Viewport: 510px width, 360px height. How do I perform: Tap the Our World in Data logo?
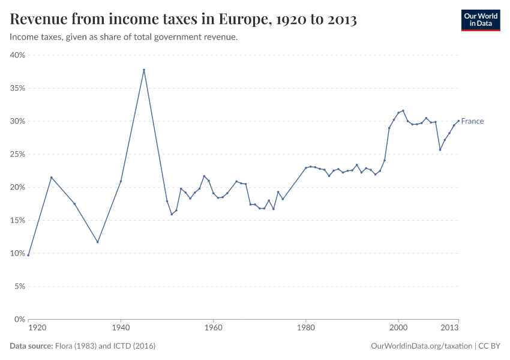tap(480, 20)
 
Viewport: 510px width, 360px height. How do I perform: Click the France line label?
tap(472, 121)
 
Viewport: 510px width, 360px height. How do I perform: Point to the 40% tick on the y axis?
tap(17, 55)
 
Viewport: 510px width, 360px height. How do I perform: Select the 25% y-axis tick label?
tap(17, 154)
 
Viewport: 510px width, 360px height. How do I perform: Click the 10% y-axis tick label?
tap(17, 253)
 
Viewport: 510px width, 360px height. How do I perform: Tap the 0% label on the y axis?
tap(19, 319)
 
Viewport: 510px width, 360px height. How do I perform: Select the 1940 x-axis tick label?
tap(121, 328)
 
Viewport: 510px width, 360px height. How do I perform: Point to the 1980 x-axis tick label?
tap(306, 328)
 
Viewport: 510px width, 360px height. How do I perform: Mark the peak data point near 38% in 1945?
tap(144, 70)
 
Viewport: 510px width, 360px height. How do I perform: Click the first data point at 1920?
tap(28, 255)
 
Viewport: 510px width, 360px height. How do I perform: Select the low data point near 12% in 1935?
tap(98, 242)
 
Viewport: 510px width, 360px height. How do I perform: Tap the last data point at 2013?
tap(458, 121)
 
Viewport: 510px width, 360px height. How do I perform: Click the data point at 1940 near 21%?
tap(121, 181)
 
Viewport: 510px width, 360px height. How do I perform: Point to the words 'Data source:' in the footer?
tap(31, 346)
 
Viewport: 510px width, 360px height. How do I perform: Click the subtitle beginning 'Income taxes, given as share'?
tap(124, 37)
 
